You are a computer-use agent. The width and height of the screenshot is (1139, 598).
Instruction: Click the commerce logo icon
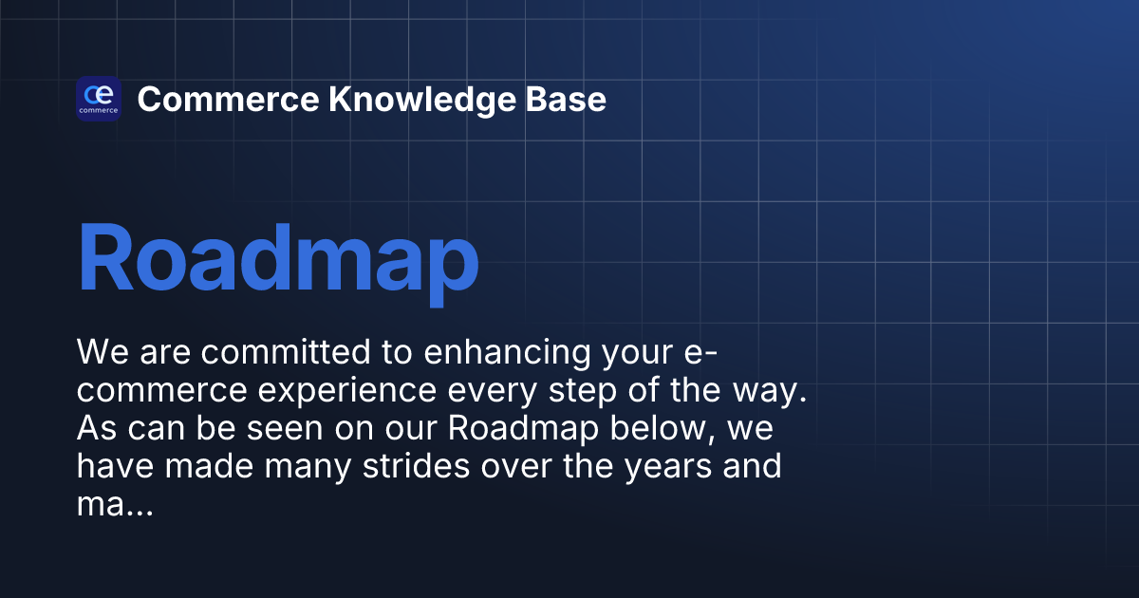coord(98,99)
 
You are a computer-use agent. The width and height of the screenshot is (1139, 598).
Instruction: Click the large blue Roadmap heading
coord(277,258)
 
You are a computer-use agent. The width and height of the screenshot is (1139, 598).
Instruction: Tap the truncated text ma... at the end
coord(114,505)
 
